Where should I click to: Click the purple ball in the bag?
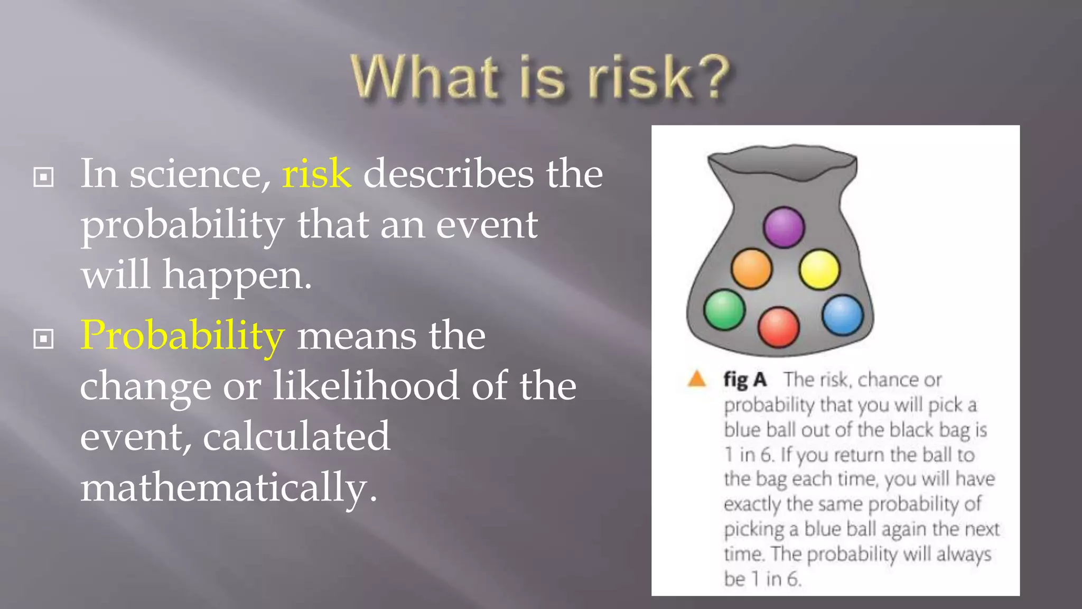[x=784, y=227]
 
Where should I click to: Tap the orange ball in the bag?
[x=752, y=269]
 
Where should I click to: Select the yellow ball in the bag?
[x=819, y=270]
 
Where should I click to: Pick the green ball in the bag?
[x=724, y=310]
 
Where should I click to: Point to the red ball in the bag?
[x=779, y=327]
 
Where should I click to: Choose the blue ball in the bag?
[x=843, y=315]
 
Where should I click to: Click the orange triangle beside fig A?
[x=697, y=379]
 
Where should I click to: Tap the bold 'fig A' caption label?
[x=745, y=380]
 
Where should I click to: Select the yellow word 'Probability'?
[x=182, y=336]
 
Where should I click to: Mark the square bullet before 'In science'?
[x=43, y=177]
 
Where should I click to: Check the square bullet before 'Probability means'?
[x=43, y=339]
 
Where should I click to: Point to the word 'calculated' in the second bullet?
[x=296, y=437]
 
